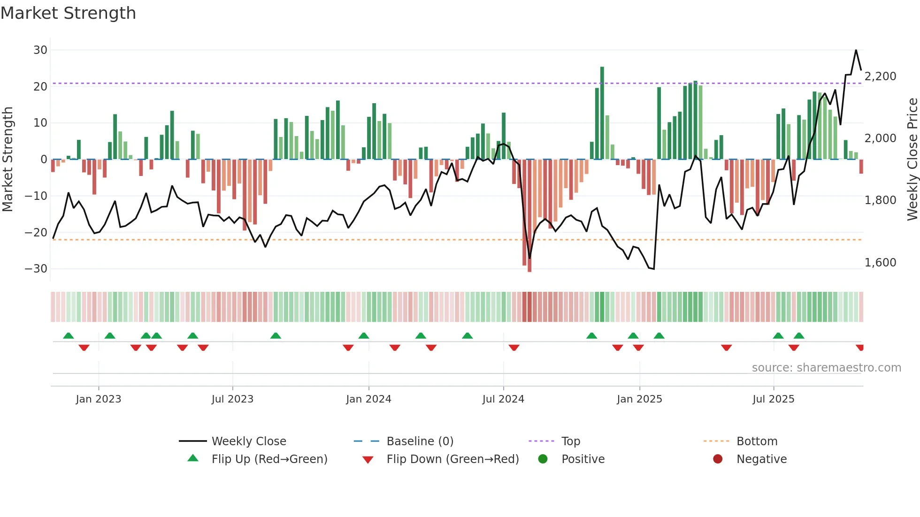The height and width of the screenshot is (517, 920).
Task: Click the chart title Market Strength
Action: point(68,13)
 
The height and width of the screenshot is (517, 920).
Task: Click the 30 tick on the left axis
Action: point(40,50)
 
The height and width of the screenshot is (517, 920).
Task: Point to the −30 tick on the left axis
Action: point(36,269)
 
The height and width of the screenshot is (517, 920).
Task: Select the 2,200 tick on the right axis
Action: point(880,76)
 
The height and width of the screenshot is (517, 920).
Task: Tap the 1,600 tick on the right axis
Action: point(880,263)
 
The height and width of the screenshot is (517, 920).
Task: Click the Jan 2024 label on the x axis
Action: point(368,399)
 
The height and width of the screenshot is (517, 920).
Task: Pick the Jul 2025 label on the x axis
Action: point(773,399)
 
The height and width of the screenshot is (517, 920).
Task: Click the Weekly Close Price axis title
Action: point(912,160)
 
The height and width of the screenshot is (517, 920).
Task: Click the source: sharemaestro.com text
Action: point(826,368)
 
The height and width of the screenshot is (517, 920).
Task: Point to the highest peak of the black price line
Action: point(856,50)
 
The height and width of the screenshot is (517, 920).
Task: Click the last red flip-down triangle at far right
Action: point(859,348)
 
